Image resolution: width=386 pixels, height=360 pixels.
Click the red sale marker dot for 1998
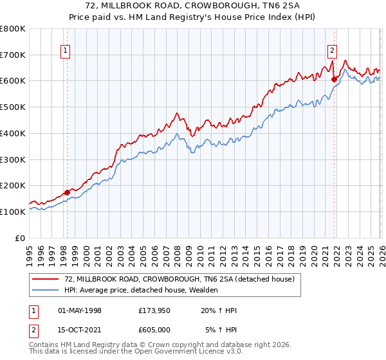(x=67, y=192)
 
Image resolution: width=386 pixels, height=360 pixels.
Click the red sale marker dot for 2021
(x=335, y=79)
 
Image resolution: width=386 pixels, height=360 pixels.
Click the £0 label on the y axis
(x=19, y=238)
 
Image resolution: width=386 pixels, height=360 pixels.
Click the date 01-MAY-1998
(x=80, y=310)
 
